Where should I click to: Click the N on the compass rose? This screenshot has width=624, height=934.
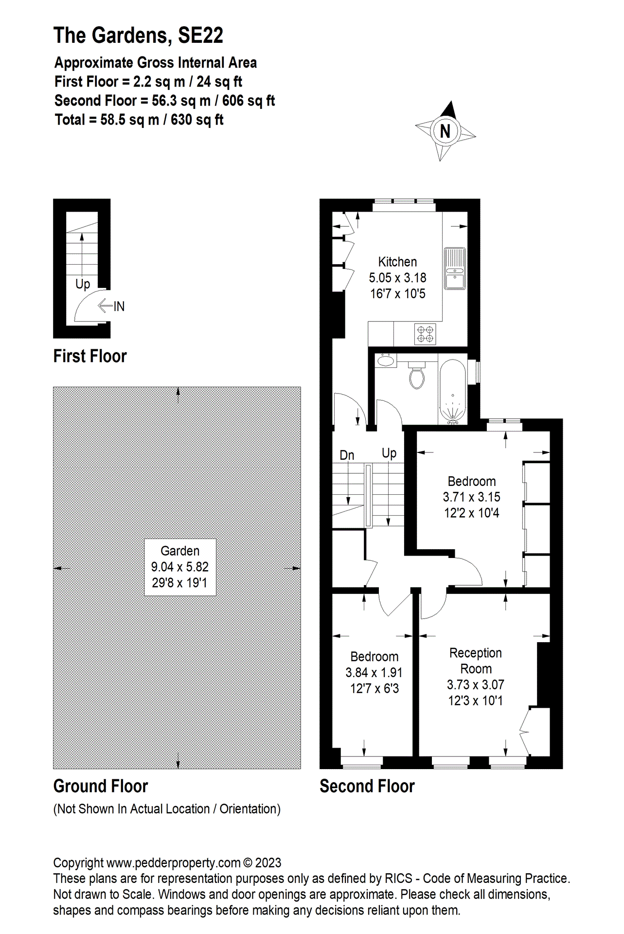445,131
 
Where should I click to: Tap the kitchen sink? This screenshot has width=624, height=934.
455,269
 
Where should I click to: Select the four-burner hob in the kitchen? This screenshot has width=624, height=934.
425,333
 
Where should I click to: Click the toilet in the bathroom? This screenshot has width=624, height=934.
417,375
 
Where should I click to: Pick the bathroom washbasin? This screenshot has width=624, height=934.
386,360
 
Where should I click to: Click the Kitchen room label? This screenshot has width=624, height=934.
397,262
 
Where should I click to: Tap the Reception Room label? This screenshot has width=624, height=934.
476,661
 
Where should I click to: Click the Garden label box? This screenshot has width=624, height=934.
180,567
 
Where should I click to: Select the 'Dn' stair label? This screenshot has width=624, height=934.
347,455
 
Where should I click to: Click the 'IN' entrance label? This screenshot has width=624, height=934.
119,306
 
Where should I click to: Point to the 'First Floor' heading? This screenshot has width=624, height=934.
90,356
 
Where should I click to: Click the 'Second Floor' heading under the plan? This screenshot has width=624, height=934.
367,786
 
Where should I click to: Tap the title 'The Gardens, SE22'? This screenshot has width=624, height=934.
138,35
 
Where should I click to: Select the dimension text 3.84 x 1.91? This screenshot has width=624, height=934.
374,673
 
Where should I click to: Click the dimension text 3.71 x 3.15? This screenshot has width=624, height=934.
471,497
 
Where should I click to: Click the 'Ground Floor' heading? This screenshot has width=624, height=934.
101,786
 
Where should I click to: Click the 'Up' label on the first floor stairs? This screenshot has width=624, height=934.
83,285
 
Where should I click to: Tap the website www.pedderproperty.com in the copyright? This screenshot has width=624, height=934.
174,863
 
